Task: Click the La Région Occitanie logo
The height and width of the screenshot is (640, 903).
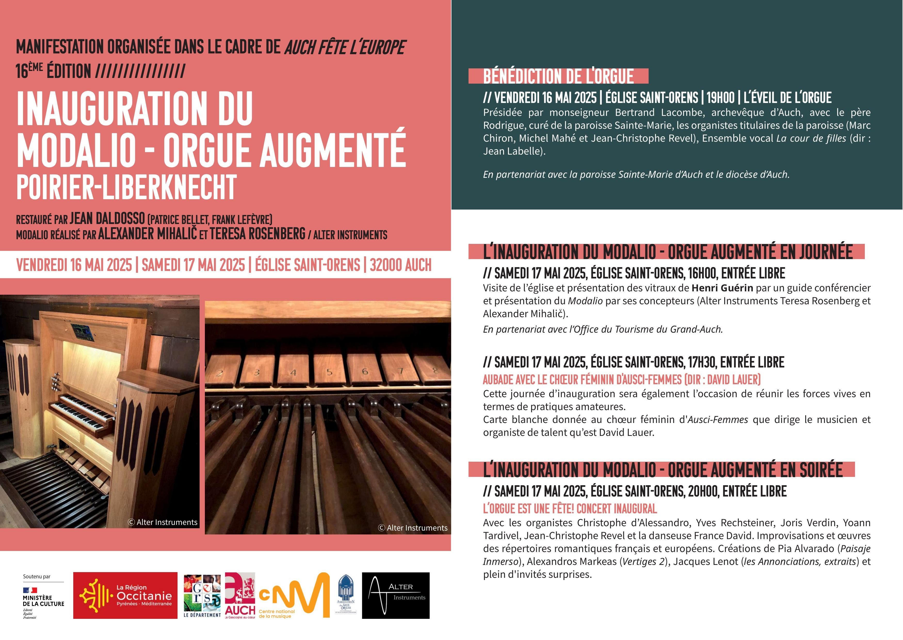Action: coord(125,595)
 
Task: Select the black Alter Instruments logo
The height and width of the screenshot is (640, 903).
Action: coord(396,595)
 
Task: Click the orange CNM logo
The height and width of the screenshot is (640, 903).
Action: coord(294,595)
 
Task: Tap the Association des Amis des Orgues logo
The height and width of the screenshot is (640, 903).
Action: coord(346,595)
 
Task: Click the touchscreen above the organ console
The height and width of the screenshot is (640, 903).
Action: coord(82,333)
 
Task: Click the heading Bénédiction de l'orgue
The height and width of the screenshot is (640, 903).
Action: coord(558,76)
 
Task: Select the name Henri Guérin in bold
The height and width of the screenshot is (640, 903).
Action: coord(722,288)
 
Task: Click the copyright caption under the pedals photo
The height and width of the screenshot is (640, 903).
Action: coord(413,528)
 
